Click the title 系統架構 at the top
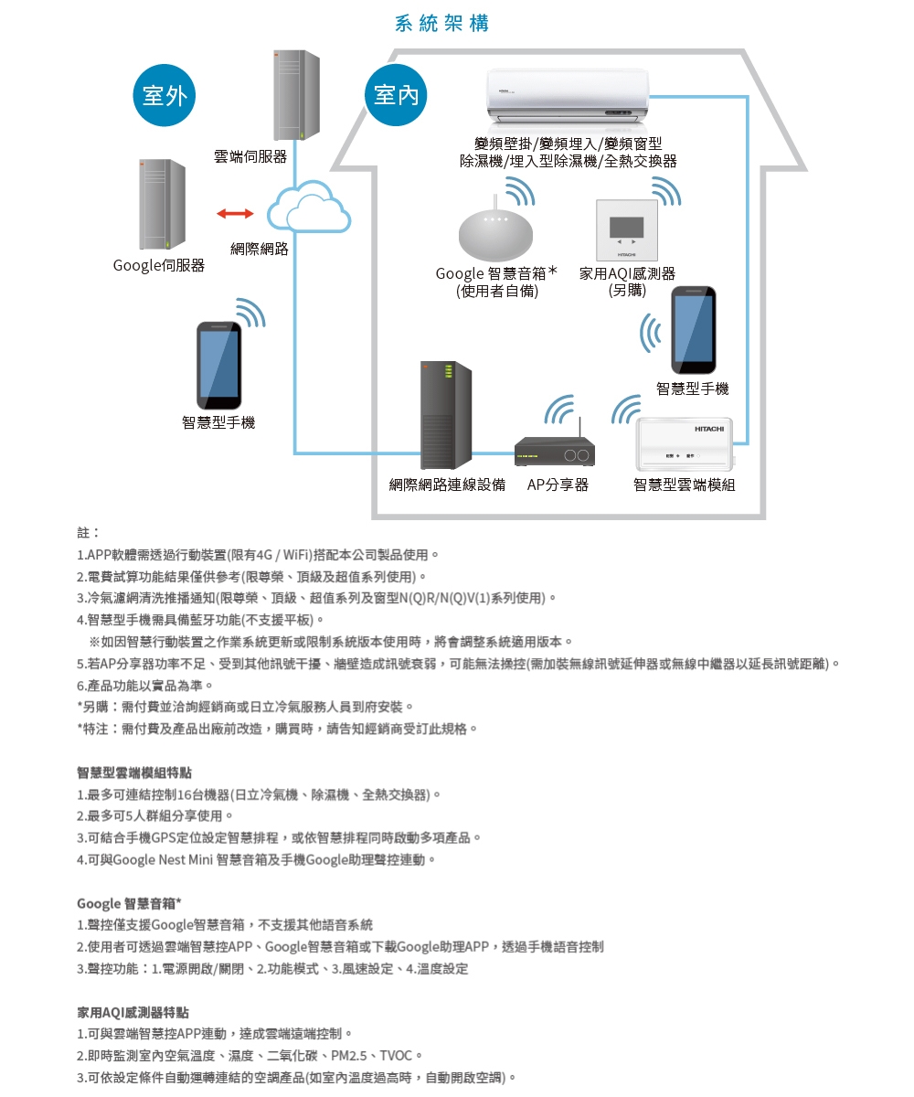(x=441, y=24)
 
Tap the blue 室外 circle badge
(x=164, y=95)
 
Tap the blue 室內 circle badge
(x=395, y=95)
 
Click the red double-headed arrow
(x=235, y=214)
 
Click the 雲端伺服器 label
(x=250, y=157)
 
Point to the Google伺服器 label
(x=159, y=265)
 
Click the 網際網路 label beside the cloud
(x=259, y=249)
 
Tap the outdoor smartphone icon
(x=220, y=365)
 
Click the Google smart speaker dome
(x=494, y=236)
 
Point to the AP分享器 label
(x=558, y=485)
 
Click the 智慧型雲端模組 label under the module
(x=684, y=485)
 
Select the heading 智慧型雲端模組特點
(x=134, y=772)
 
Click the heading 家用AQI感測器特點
(x=133, y=1012)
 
